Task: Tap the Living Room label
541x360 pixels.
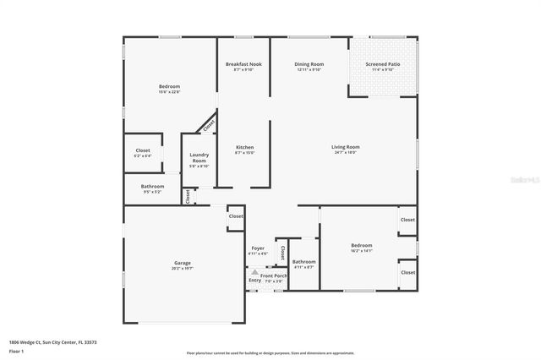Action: click(345, 149)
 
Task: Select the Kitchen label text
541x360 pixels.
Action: click(244, 149)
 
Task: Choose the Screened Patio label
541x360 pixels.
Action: click(384, 66)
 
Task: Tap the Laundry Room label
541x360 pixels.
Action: click(199, 156)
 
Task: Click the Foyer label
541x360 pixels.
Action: click(258, 250)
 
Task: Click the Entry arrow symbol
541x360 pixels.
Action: click(254, 272)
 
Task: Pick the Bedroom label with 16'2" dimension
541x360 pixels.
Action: click(362, 248)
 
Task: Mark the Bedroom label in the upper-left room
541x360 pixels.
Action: click(169, 88)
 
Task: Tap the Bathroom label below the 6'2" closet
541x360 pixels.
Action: click(153, 188)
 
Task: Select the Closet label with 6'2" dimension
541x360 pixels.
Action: click(143, 152)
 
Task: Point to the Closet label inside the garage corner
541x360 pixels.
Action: click(236, 216)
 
